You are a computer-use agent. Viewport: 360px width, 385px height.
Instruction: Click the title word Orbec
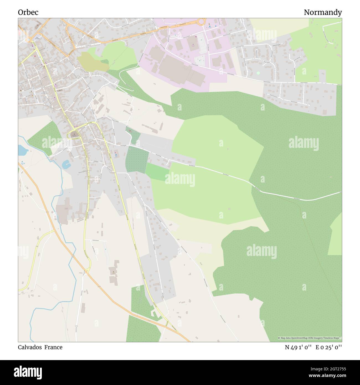click(28, 12)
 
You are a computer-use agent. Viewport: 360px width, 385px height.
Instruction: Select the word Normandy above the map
click(323, 12)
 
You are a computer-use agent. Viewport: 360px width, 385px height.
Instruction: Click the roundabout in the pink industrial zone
click(201, 21)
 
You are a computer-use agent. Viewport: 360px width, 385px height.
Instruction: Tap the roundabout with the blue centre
click(28, 39)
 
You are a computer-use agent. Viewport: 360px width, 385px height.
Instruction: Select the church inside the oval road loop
click(74, 135)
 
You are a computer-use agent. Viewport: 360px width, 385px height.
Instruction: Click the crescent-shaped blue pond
click(66, 165)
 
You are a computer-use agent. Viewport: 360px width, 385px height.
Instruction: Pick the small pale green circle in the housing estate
click(258, 73)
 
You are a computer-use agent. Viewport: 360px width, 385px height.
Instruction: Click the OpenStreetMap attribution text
click(310, 338)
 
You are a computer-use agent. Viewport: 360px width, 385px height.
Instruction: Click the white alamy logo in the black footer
click(28, 372)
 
